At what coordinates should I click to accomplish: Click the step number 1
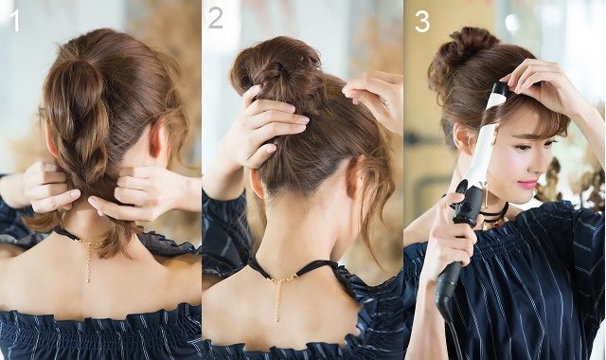tap(15, 21)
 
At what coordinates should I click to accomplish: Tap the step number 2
tap(216, 18)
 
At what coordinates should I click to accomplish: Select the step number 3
tap(422, 22)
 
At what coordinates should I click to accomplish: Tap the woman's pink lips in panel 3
tap(528, 184)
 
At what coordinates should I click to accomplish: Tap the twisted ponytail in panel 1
tap(80, 124)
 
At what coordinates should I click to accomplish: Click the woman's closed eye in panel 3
tap(525, 148)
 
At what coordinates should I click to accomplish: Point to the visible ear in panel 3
tap(462, 138)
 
